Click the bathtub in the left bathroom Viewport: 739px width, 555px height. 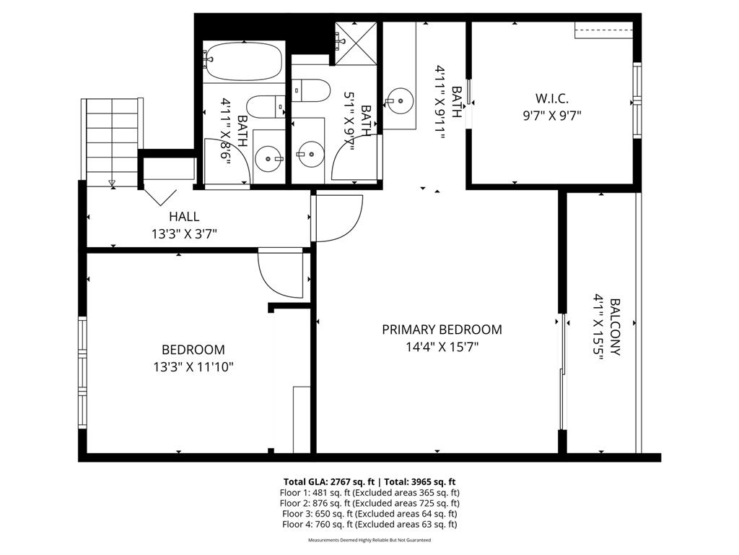click(x=242, y=61)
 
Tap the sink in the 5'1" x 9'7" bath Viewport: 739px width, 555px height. click(x=310, y=153)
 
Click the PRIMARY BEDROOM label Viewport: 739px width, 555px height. click(x=442, y=330)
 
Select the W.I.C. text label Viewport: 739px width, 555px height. click(x=552, y=98)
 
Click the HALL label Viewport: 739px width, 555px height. click(x=184, y=217)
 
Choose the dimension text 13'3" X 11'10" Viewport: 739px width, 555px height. click(x=193, y=367)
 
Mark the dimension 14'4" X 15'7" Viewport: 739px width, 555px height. click(x=442, y=347)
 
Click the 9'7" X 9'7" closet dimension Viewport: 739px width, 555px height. click(x=552, y=114)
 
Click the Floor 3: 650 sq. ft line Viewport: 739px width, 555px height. click(x=369, y=514)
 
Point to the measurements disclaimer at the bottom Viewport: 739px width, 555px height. click(x=369, y=540)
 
